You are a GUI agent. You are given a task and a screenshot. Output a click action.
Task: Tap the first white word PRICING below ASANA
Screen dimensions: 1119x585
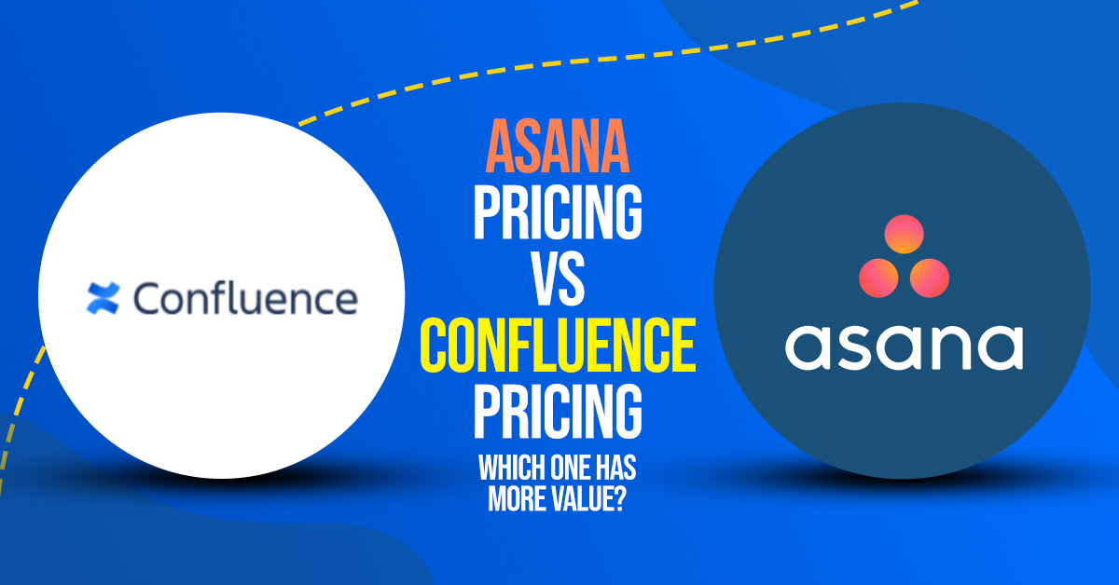click(558, 212)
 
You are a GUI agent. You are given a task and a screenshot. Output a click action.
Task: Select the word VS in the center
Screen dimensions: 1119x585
click(558, 279)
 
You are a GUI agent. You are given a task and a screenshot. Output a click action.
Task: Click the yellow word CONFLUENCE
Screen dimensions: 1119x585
click(558, 345)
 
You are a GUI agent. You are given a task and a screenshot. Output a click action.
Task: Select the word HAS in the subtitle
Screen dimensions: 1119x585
click(616, 468)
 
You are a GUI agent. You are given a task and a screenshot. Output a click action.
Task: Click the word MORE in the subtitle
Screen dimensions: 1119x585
click(517, 498)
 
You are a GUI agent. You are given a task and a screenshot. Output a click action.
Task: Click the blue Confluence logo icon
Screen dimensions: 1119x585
click(103, 298)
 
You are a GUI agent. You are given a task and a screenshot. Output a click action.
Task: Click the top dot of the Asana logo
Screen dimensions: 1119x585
click(904, 234)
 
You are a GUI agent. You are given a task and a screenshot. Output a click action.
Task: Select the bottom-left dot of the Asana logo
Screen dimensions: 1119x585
click(878, 278)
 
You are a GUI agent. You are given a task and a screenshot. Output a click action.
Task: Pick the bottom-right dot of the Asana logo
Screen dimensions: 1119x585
click(929, 278)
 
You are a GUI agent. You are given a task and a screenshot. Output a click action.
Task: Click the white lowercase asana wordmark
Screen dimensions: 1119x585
click(905, 347)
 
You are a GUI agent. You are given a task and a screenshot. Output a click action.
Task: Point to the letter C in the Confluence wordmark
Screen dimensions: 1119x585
click(148, 298)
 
